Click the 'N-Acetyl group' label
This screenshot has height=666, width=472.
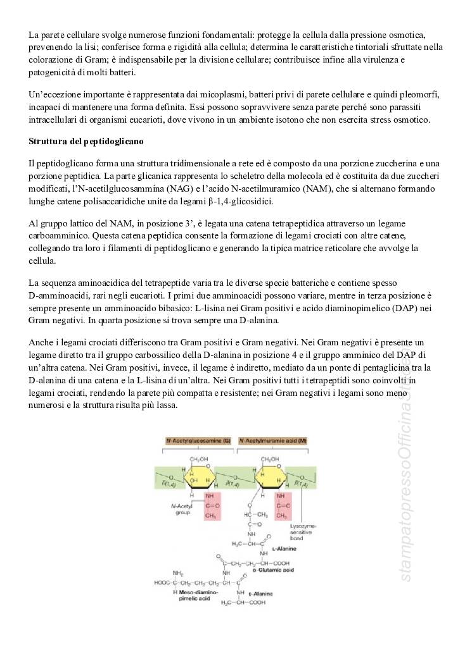point(182,509)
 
